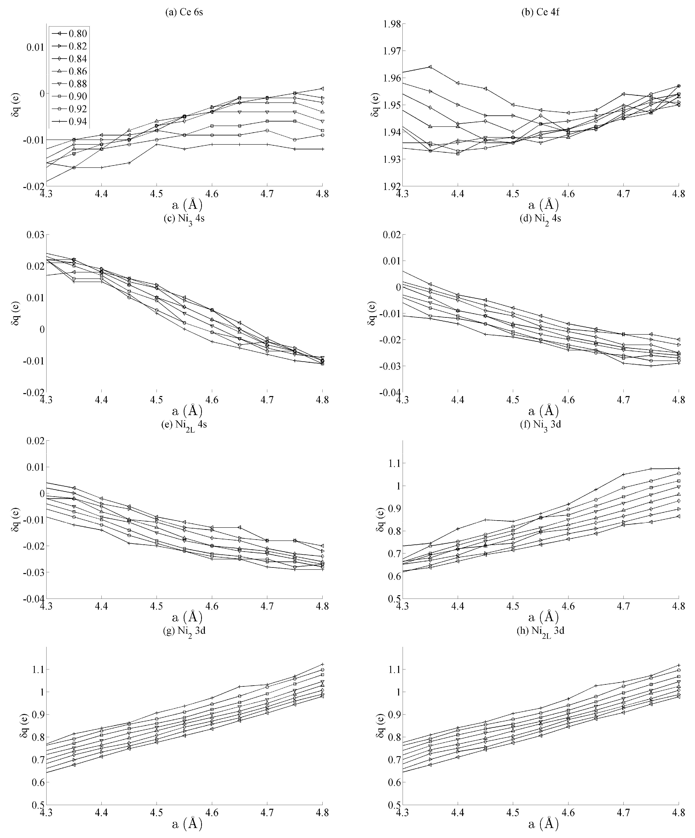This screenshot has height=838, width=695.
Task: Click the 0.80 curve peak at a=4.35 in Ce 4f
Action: click(430, 67)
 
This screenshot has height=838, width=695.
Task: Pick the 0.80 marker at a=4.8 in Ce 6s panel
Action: click(322, 89)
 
